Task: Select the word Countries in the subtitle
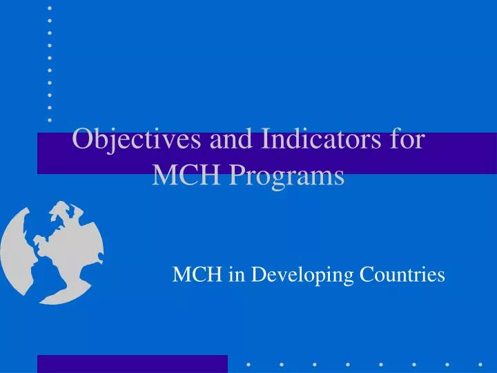click(403, 276)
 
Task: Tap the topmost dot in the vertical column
click(50, 8)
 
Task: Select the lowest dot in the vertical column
click(50, 120)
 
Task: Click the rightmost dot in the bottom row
click(480, 363)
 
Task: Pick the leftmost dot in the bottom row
click(248, 363)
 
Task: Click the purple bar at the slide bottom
click(132, 363)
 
